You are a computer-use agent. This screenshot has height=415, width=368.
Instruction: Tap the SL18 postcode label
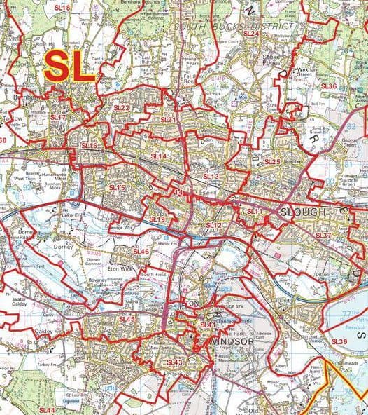coord(62,8)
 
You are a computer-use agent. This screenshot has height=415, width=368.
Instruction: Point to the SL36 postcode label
coord(329,86)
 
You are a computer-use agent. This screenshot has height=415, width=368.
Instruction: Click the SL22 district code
coord(122,108)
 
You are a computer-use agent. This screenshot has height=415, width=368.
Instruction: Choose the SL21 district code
coord(168,120)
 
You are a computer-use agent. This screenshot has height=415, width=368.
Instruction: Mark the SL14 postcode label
coord(159,156)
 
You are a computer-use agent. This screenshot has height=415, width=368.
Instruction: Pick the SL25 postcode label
coord(272,162)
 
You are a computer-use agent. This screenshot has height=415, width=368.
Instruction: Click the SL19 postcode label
coord(157,219)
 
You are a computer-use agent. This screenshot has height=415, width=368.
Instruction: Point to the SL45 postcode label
coord(127,320)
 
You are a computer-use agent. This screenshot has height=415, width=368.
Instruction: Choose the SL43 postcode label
coord(175,362)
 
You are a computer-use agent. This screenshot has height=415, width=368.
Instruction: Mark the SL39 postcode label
coord(339,341)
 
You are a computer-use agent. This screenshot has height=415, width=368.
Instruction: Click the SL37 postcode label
coord(323,236)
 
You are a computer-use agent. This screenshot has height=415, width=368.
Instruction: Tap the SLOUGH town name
coord(302,212)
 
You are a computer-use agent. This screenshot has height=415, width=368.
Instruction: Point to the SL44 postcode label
coord(47,409)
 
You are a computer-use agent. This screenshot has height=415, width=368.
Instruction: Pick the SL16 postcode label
coord(90,145)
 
